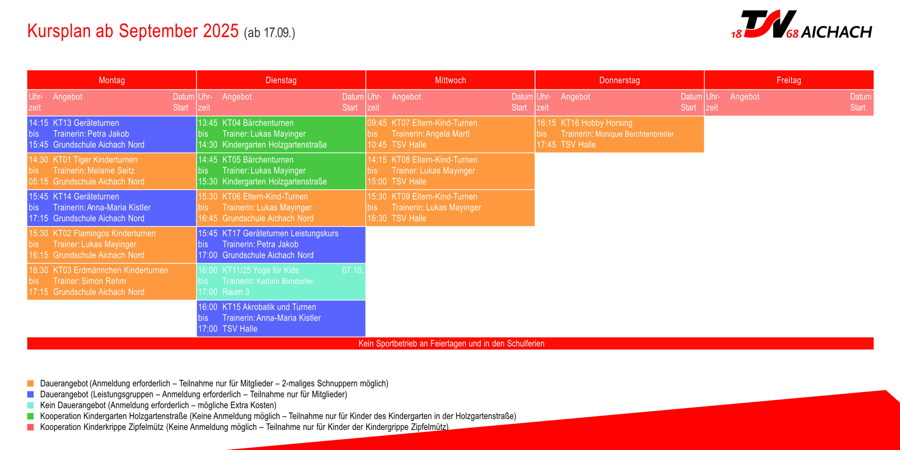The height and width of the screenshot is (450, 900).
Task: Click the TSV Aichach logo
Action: coord(802,25)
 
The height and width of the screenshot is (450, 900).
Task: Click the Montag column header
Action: coord(112,80)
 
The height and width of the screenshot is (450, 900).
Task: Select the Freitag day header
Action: coord(789,80)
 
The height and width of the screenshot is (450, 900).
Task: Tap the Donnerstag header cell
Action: coord(619,80)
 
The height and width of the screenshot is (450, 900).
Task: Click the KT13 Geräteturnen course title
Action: coord(86,123)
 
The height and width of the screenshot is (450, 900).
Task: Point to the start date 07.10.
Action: coord(353,270)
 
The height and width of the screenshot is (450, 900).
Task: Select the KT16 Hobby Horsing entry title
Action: coord(597,123)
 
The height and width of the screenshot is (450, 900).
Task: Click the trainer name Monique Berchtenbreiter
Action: coord(635,134)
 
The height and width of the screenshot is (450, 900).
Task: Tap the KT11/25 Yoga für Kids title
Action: coord(261,270)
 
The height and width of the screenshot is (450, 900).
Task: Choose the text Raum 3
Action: coord(236,292)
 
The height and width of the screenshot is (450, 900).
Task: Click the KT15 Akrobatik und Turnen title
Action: coord(269,307)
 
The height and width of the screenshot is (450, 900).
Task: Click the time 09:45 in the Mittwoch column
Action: coord(377,123)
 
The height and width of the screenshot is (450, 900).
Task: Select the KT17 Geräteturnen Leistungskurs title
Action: coord(280,233)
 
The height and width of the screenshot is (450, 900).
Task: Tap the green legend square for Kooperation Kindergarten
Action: coord(31,416)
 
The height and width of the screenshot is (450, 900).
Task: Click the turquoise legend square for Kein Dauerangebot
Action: coord(31,405)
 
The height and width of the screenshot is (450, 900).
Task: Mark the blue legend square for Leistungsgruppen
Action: coord(31,394)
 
